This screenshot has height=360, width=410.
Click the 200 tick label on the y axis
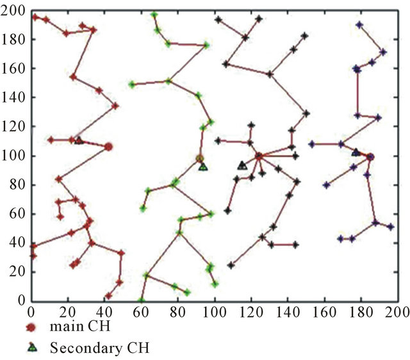tap(12, 10)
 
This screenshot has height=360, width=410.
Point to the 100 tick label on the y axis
tap(12, 156)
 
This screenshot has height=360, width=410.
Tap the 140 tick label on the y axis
tap(12, 97)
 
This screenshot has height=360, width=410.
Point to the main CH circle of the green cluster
tap(200, 159)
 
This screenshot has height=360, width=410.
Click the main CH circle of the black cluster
tap(259, 156)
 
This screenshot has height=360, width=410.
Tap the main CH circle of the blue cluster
tap(370, 156)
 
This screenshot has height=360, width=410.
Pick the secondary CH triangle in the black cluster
tap(242, 165)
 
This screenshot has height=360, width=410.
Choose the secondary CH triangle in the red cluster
tap(78, 140)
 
